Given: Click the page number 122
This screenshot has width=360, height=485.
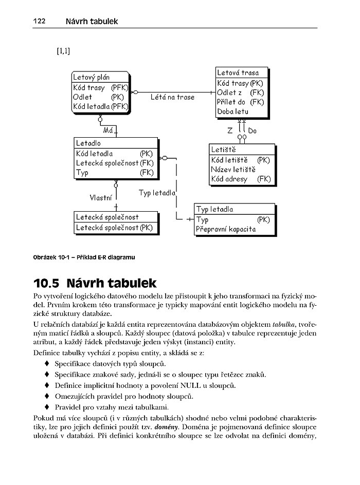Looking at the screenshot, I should tap(40, 21).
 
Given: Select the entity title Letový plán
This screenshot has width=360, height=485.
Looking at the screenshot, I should tap(92, 77).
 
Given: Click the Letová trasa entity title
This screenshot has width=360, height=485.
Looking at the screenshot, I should tap(238, 72).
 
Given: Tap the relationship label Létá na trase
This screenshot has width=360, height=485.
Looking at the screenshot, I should tap(172, 97).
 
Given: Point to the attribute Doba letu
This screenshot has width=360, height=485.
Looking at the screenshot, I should tap(232, 111).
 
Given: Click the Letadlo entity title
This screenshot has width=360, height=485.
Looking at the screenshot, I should tap(88, 143).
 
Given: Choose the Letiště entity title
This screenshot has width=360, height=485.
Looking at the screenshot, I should tap(223, 150).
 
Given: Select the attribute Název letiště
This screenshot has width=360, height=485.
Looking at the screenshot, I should tap(233, 170).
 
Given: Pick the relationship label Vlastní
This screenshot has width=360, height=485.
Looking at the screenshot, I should tap(100, 196).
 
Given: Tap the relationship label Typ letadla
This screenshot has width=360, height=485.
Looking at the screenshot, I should tap(157, 193).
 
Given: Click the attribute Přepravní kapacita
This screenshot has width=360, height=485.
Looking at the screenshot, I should tap(226, 229).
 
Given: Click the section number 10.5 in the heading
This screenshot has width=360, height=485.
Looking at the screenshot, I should tap(50, 283).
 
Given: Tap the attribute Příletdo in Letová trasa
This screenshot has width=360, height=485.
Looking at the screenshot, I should tap(231, 102).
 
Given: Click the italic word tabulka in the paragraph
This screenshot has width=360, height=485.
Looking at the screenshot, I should tap(283, 324).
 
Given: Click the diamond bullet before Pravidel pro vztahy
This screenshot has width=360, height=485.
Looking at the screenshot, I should tap(47, 406).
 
